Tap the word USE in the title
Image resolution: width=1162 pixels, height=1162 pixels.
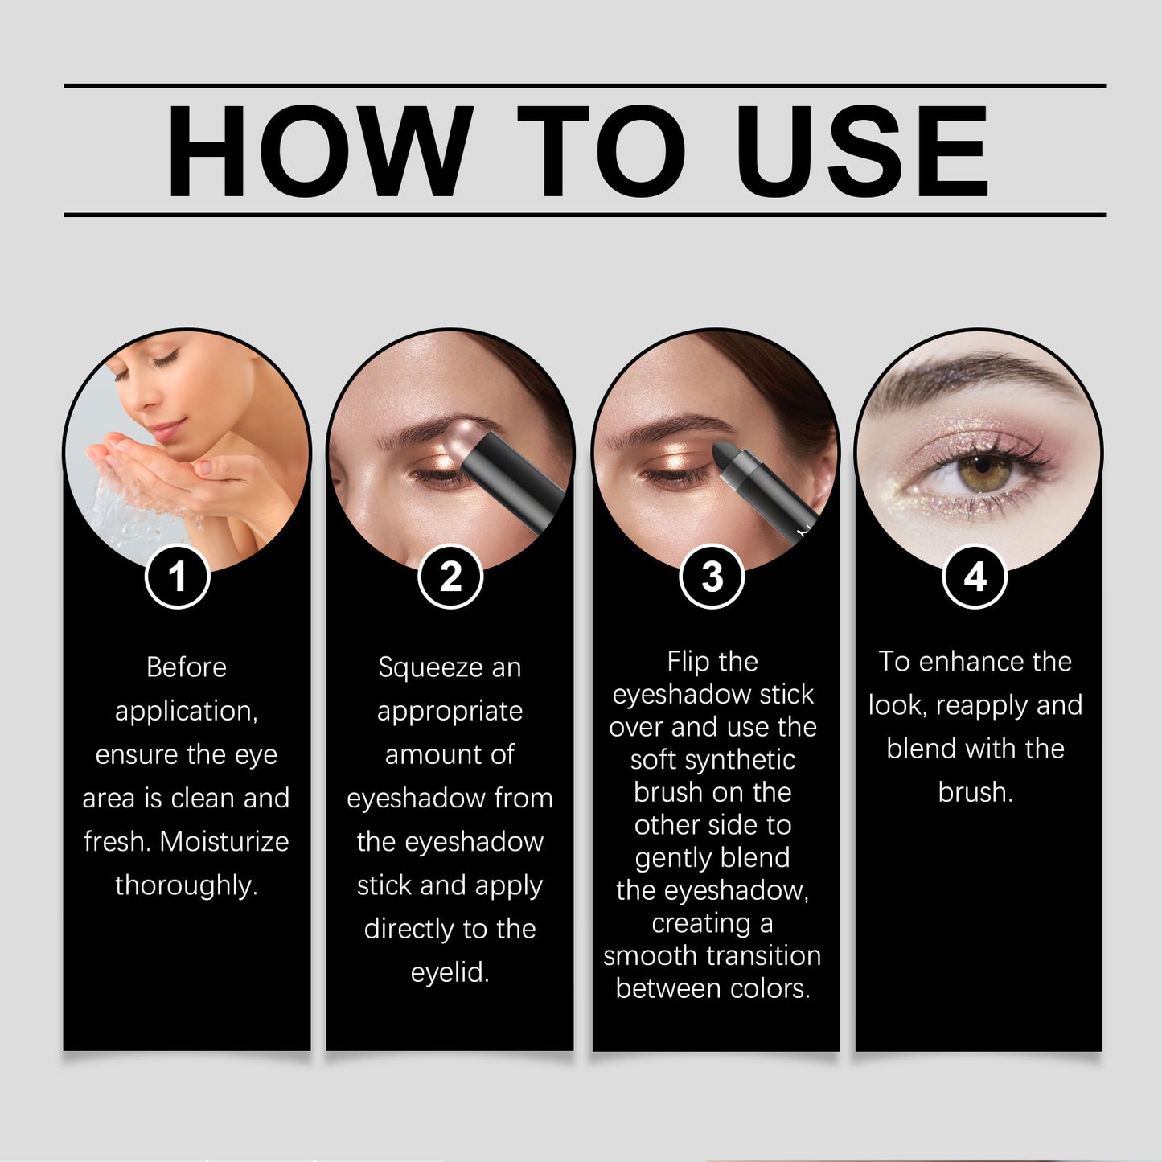coord(861,151)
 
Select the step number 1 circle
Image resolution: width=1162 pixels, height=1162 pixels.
coord(177,577)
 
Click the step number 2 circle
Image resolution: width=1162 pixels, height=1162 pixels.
coord(450,577)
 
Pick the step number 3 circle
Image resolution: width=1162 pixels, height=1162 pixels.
coord(712,577)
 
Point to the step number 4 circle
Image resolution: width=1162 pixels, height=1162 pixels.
coord(975,577)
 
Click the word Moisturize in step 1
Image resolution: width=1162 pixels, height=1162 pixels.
coord(224,841)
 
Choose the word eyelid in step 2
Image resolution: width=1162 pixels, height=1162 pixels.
coord(450,972)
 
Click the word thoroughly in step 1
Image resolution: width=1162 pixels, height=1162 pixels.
coord(186,885)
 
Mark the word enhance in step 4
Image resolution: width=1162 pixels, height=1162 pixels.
coord(972,662)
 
